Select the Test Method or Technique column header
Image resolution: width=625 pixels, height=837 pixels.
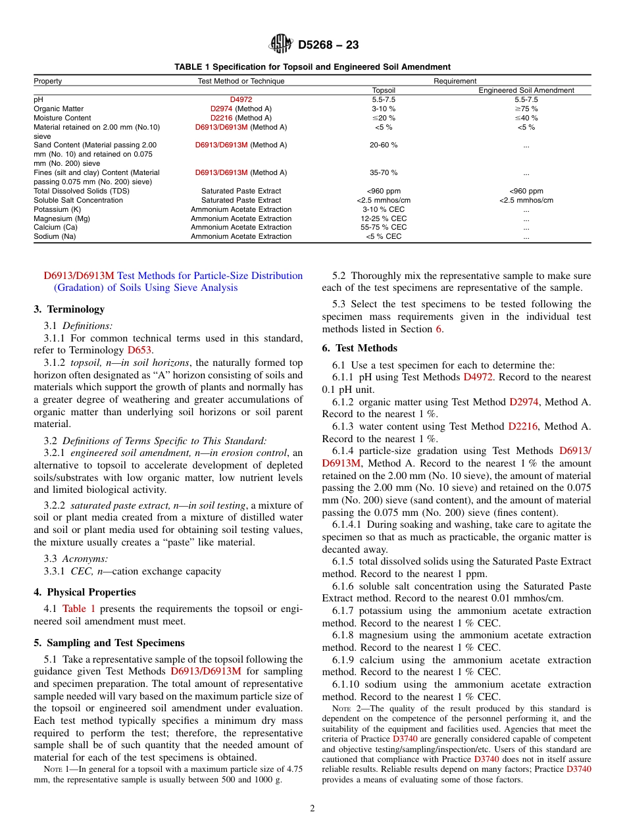point(241,81)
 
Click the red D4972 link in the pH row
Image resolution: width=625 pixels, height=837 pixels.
point(241,99)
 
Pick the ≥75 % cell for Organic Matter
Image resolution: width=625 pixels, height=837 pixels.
point(526,109)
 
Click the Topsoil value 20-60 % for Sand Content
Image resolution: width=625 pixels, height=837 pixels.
point(384,145)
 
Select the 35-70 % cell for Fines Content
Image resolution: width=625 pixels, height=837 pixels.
point(384,172)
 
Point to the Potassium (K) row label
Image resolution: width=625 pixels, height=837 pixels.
point(57,209)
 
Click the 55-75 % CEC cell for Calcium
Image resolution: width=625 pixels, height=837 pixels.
point(384,227)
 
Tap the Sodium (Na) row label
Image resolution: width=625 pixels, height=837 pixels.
point(55,236)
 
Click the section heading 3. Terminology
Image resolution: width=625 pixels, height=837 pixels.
point(69,309)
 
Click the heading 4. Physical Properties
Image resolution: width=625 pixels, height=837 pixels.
point(85,592)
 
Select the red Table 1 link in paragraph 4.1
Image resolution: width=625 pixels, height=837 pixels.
point(79,609)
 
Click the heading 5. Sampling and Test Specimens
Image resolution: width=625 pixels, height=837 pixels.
point(109,643)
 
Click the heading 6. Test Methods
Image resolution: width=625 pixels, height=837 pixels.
point(359,348)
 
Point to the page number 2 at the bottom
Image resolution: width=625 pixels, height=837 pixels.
point(312,809)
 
